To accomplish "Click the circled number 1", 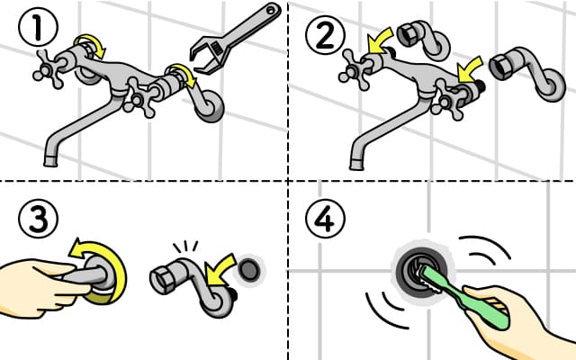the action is [x=38, y=27].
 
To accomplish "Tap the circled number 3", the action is [x=38, y=219].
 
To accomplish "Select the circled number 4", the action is [x=325, y=219].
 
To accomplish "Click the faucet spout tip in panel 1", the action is [x=50, y=161].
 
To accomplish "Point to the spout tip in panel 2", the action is [x=356, y=164].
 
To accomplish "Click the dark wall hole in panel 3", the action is [x=250, y=270].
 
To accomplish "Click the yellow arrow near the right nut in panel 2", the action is [x=470, y=69].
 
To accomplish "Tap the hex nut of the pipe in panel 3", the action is [x=163, y=281].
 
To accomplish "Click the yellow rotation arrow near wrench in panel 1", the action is [x=181, y=75].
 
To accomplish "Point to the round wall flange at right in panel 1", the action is [x=209, y=106].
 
